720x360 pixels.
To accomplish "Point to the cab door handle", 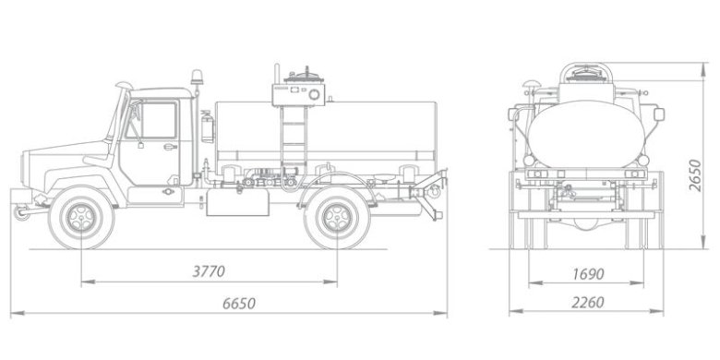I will point(170,146).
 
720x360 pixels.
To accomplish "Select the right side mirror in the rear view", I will point(659,114).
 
